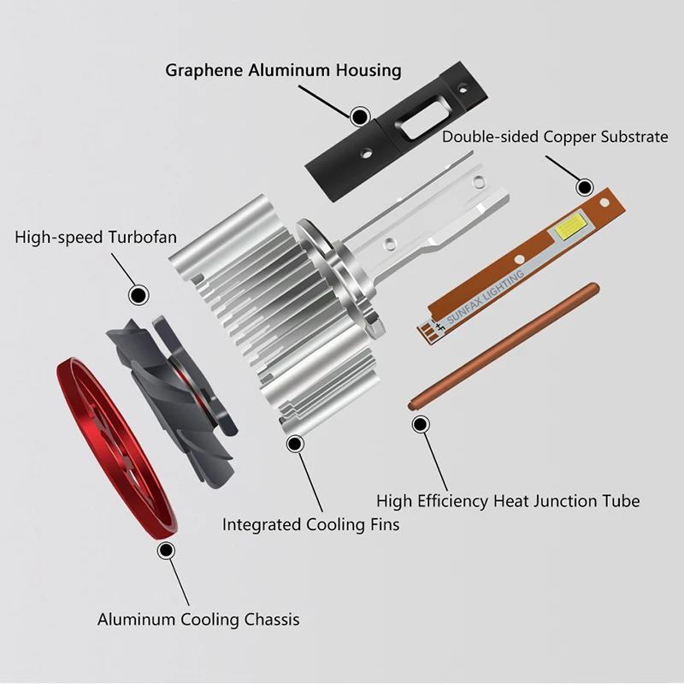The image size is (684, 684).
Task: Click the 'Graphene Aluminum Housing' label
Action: [283, 70]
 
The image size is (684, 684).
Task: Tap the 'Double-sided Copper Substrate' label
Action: [555, 137]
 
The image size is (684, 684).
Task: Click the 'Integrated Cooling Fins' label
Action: [310, 524]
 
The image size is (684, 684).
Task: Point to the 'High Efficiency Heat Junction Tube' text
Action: [508, 501]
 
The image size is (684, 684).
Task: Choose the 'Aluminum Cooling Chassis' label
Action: [198, 618]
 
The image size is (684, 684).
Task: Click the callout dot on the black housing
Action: [360, 115]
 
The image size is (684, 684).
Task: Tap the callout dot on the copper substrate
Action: [585, 187]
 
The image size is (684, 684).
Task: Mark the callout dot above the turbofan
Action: [137, 295]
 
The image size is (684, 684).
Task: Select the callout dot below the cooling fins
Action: [296, 444]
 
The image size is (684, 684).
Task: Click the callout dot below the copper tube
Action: [420, 423]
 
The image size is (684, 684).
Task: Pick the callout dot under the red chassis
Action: [166, 551]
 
